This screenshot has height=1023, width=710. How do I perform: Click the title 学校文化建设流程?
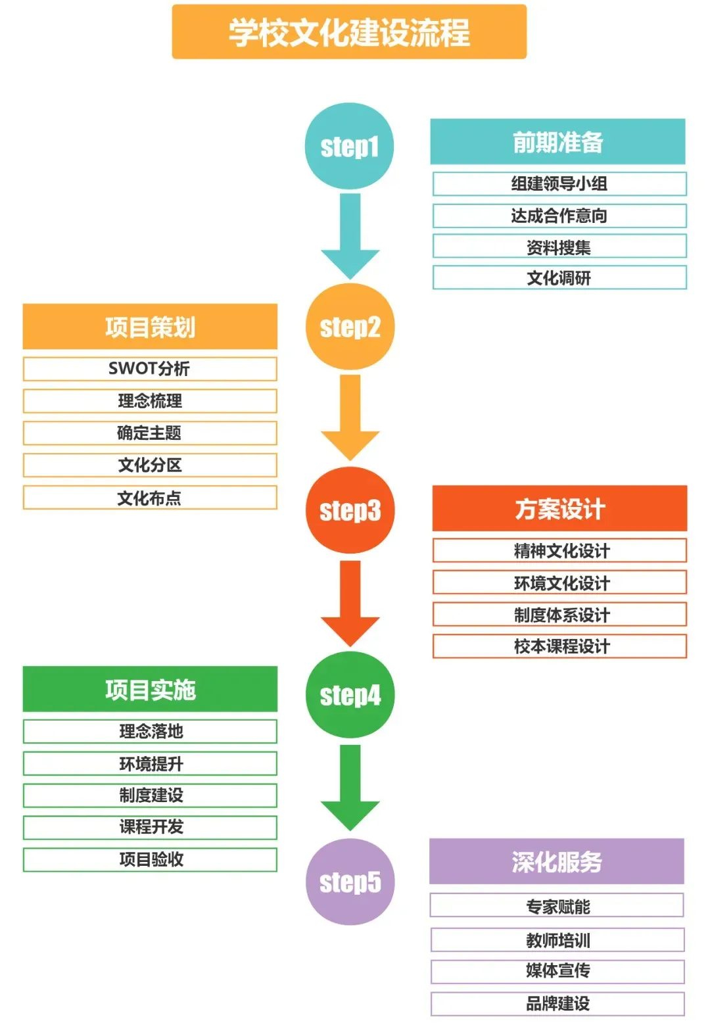tap(349, 32)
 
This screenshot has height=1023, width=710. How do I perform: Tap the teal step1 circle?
tap(349, 146)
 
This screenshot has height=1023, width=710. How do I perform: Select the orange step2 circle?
tap(350, 327)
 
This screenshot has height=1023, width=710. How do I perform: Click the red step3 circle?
tap(350, 510)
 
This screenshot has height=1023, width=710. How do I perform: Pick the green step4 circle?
tap(350, 695)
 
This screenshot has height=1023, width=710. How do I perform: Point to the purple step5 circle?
tap(350, 882)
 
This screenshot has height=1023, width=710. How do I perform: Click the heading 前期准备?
tap(557, 142)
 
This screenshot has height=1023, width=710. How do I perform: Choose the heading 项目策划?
tap(150, 327)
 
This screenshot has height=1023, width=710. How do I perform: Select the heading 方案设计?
tap(559, 509)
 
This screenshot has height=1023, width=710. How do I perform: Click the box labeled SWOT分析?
tap(150, 369)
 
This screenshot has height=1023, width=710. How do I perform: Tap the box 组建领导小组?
tap(559, 184)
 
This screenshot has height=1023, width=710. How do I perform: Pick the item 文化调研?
tap(559, 277)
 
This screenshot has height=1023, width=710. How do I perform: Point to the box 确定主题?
tap(150, 433)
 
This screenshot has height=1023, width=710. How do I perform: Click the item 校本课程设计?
tap(559, 646)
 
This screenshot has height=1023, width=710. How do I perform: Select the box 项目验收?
tap(150, 860)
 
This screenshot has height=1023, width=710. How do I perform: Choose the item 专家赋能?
tap(557, 906)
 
